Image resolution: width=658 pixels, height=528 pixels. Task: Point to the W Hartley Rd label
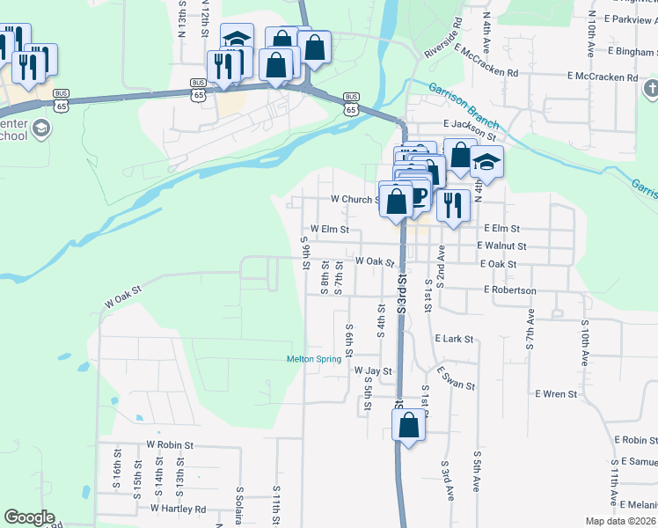tap(178, 509)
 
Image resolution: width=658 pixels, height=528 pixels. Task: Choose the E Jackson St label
tap(470, 130)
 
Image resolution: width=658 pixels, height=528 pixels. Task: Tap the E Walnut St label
tap(501, 246)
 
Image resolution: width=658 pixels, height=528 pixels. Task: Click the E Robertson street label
tap(509, 290)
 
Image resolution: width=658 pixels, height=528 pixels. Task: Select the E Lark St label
tap(454, 338)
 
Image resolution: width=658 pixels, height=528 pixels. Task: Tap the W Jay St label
tap(373, 371)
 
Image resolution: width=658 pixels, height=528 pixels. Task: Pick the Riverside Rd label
tap(442, 39)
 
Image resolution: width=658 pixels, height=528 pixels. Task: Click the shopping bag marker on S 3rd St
tap(409, 427)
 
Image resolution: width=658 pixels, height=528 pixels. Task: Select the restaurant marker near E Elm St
tap(453, 205)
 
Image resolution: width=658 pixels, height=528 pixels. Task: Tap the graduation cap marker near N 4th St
tap(486, 163)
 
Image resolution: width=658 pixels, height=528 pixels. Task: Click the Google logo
tap(29, 517)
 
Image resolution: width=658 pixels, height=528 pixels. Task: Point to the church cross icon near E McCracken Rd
tap(651, 89)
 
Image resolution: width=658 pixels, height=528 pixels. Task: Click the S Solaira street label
tap(239, 505)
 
